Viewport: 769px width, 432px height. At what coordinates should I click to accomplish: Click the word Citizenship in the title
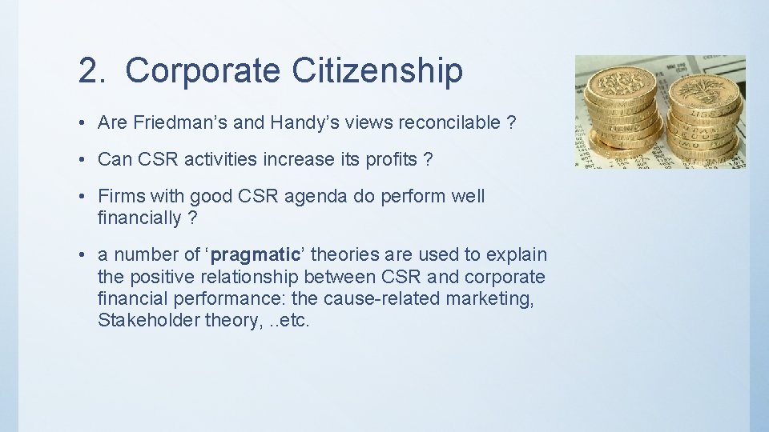pos(376,70)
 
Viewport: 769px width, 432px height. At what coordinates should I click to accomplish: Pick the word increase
pos(296,159)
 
